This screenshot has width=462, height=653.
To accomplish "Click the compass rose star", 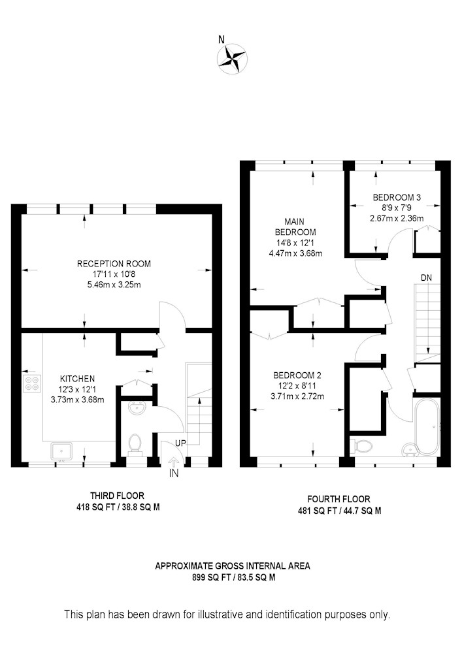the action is [232, 59].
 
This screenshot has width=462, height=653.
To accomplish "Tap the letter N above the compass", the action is [222, 40].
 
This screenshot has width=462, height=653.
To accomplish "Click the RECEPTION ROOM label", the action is [114, 264].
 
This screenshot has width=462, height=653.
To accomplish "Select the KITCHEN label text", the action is [78, 379].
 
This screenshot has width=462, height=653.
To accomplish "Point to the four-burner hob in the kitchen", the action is [33, 383].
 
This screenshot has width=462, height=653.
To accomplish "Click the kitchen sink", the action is [61, 451].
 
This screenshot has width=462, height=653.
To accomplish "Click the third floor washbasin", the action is [137, 408].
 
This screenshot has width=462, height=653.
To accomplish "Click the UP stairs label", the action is [180, 443].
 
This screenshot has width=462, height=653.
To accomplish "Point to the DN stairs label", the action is [426, 278].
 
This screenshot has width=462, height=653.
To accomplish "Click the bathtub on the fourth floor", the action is [427, 426].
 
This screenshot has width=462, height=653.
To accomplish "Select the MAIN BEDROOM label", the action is [295, 227].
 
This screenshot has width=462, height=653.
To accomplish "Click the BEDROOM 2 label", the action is [297, 375].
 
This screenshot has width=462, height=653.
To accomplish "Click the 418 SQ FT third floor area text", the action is [118, 507].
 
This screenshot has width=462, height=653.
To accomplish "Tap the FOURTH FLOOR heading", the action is [338, 499].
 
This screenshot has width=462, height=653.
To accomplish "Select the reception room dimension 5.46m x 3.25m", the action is [114, 285].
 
